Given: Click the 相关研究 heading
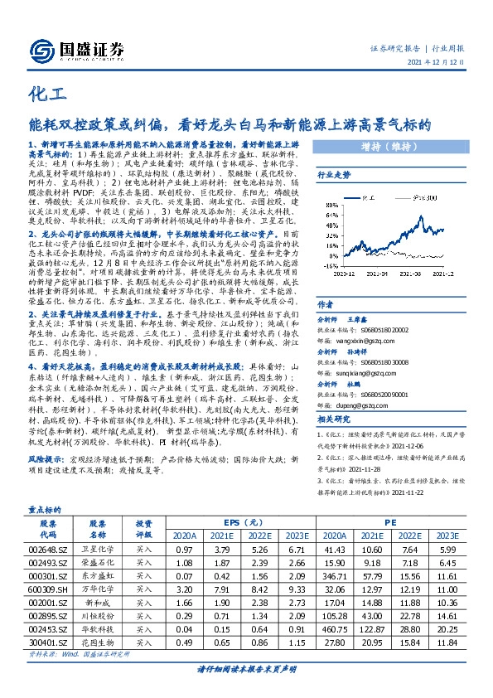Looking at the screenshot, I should pyautogui.click(x=334, y=420).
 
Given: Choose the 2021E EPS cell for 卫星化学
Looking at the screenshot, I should pyautogui.click(x=225, y=549).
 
